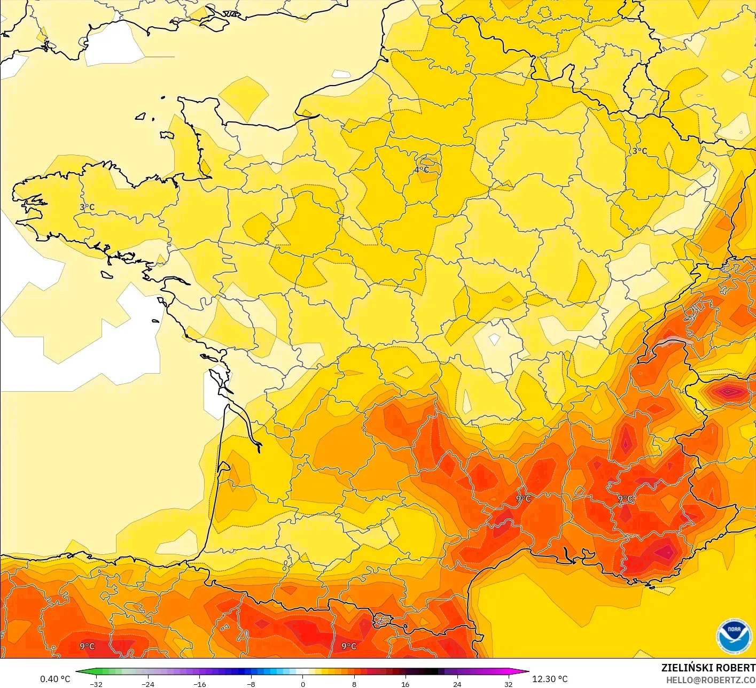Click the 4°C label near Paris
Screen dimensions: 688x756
pyautogui.click(x=422, y=170)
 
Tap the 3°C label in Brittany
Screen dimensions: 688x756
pyautogui.click(x=87, y=207)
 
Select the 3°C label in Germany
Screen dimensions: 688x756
pyautogui.click(x=640, y=151)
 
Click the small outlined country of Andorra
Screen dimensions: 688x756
pyautogui.click(x=382, y=620)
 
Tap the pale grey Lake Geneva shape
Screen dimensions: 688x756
pyautogui.click(x=675, y=342)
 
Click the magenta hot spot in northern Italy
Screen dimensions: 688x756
pyautogui.click(x=731, y=392)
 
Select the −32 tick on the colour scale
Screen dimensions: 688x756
pyautogui.click(x=96, y=684)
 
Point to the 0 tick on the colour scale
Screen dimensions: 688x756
pyautogui.click(x=302, y=684)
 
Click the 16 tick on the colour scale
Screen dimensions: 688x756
pyautogui.click(x=406, y=684)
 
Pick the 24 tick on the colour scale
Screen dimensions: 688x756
pyautogui.click(x=457, y=684)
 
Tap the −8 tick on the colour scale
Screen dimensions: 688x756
pyautogui.click(x=251, y=684)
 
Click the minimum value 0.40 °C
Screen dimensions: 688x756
pyautogui.click(x=55, y=679)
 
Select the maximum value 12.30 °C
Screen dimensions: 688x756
pyautogui.click(x=550, y=679)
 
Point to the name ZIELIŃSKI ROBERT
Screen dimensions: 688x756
pyautogui.click(x=708, y=668)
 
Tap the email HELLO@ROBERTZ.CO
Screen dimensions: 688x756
pyautogui.click(x=711, y=680)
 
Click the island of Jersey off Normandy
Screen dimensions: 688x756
pyautogui.click(x=167, y=135)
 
